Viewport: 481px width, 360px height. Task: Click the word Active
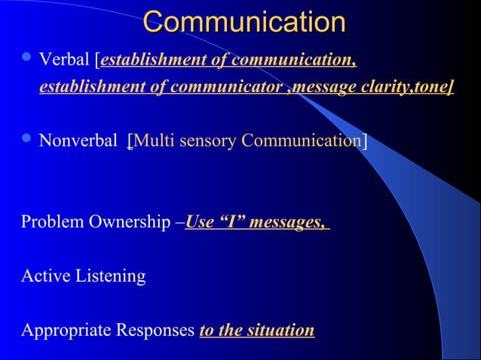tap(42, 276)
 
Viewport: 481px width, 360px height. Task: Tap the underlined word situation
tap(281, 331)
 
